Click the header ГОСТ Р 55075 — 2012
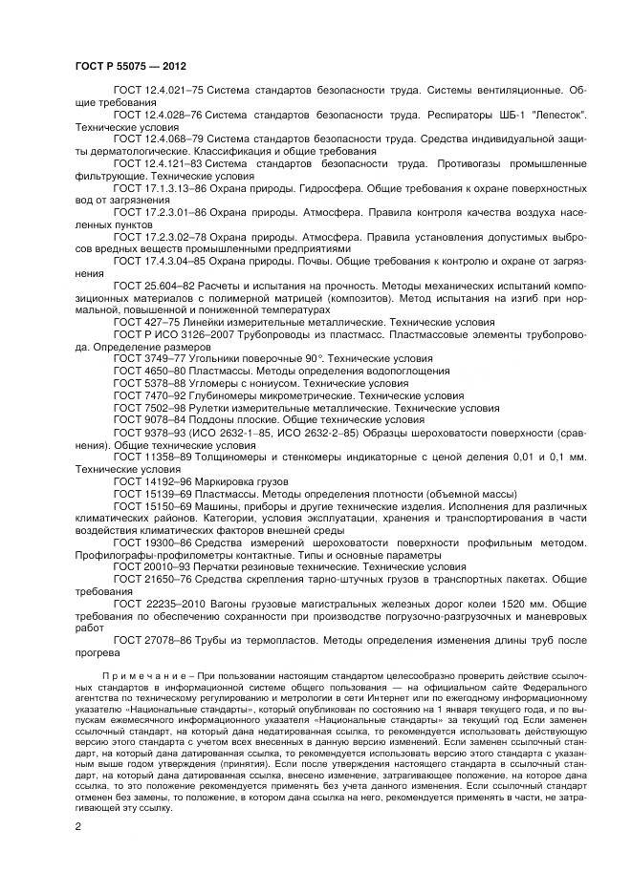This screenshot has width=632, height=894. [x=129, y=65]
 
